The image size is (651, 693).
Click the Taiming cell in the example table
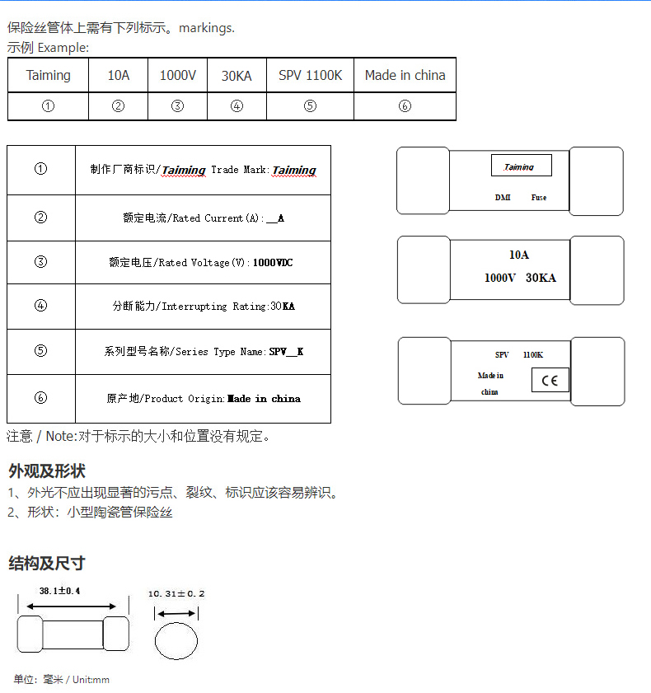49,75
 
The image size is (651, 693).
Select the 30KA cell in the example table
237,76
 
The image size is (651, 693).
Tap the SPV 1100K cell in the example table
310,75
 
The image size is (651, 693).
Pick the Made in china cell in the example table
405,75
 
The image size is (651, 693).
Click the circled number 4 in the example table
237,106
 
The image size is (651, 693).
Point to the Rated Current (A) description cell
203,218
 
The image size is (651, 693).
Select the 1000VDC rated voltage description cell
203,263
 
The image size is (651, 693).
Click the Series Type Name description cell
203,352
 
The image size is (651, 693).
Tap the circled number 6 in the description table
41,398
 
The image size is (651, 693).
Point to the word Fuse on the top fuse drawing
539,198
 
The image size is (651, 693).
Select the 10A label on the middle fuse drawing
519,255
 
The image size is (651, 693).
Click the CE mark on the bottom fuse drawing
550,380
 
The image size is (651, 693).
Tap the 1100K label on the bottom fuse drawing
533,354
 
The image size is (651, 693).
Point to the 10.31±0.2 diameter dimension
176,593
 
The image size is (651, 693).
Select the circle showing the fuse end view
176,640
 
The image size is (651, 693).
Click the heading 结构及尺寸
47,564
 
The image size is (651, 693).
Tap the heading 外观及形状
47,471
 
